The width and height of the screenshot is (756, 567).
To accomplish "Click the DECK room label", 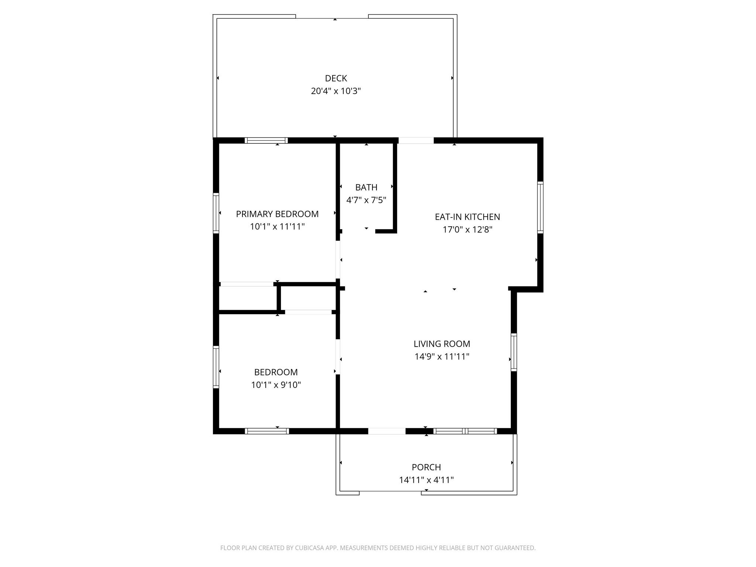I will click(x=336, y=78).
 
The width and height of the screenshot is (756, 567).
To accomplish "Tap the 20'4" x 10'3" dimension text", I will click(x=336, y=91).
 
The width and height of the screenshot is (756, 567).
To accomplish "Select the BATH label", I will click(x=366, y=188).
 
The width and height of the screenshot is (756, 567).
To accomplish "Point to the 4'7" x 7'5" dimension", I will click(x=366, y=200).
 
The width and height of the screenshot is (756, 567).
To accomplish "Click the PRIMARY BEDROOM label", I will click(x=277, y=214).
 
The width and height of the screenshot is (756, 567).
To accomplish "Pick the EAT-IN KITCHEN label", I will click(x=467, y=217).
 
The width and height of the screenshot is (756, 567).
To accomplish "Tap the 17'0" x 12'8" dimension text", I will click(x=467, y=230).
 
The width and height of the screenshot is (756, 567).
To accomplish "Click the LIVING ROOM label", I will click(x=442, y=344).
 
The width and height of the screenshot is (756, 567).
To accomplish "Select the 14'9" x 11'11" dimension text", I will click(x=442, y=357).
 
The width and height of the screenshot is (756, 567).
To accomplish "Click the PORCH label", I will click(x=426, y=467).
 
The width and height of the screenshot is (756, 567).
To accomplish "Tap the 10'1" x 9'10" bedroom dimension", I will click(x=276, y=385).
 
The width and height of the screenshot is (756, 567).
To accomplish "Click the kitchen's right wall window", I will click(x=540, y=207).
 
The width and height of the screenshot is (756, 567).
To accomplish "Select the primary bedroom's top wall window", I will click(x=266, y=140).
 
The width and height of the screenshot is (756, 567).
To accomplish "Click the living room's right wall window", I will click(x=513, y=352).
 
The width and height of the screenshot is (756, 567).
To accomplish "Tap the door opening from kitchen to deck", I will click(x=416, y=140).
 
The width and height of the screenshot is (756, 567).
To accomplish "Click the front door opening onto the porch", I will click(x=387, y=431).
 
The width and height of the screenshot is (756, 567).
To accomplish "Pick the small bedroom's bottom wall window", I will click(x=267, y=431).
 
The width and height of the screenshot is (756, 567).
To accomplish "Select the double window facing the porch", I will click(x=465, y=431).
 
